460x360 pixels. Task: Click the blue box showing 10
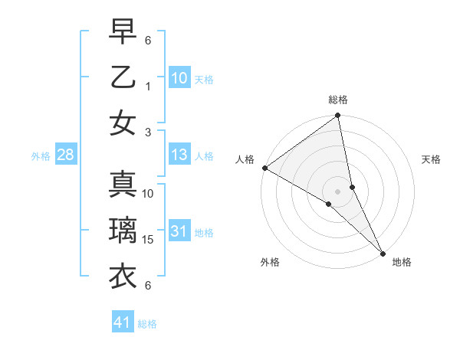tap(179, 77)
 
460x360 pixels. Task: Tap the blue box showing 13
tap(179, 155)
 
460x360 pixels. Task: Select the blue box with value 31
tap(179, 231)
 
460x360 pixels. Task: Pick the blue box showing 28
tap(66, 155)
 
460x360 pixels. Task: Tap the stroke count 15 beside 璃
tap(149, 240)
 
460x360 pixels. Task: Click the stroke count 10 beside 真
tap(149, 194)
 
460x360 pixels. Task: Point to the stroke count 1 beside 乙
tap(149, 87)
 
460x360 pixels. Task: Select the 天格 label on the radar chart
tap(431, 159)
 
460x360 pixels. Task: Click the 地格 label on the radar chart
tap(402, 262)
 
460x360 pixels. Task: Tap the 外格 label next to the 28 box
tap(41, 156)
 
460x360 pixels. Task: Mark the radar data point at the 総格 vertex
tap(337, 116)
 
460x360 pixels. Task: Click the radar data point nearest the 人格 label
tap(264, 168)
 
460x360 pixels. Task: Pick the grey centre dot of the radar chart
tap(337, 191)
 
